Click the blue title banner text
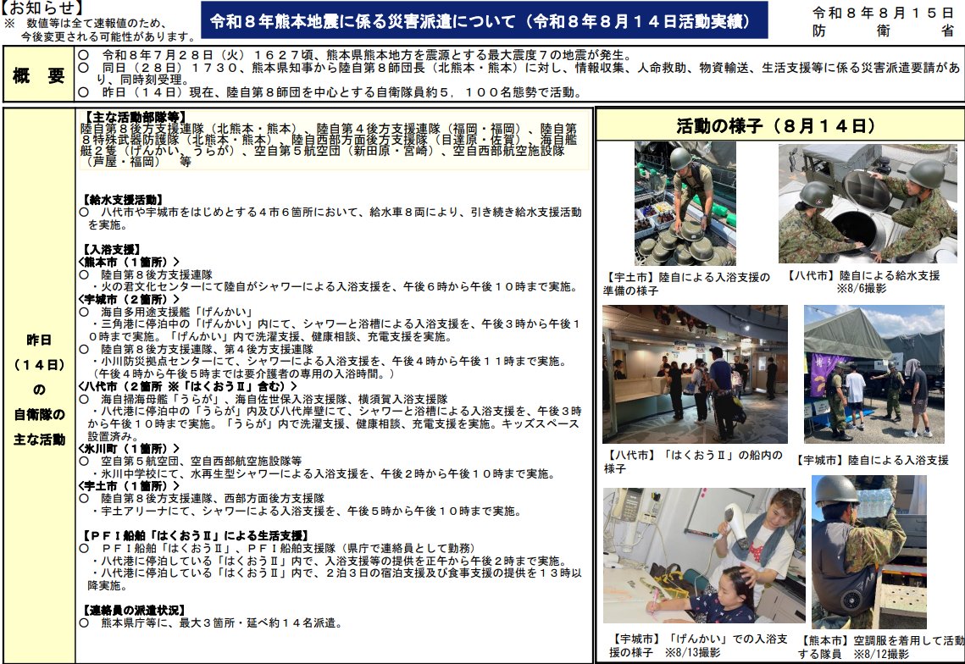click(x=483, y=21)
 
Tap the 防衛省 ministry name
click(x=883, y=30)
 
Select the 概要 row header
click(x=39, y=75)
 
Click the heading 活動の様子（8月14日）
click(x=775, y=126)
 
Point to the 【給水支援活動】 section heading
click(x=123, y=199)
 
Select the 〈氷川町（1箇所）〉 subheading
click(x=129, y=448)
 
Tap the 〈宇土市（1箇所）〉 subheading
click(x=129, y=485)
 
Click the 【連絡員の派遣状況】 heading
click(x=134, y=610)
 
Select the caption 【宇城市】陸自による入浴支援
click(x=872, y=460)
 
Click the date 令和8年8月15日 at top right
click(x=883, y=13)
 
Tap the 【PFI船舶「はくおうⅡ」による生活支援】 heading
click(x=195, y=535)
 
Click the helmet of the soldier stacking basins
click(x=680, y=158)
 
